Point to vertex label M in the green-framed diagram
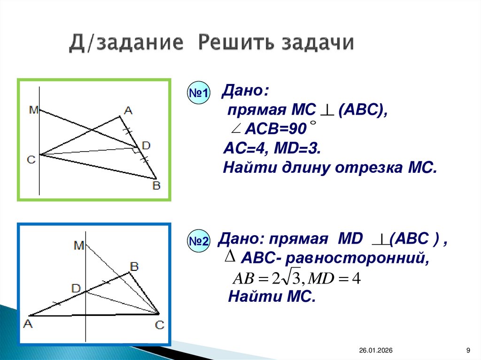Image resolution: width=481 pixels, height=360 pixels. [33, 110]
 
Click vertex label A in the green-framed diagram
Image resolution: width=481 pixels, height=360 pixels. [128, 111]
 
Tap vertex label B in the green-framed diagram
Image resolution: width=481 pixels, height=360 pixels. [156, 186]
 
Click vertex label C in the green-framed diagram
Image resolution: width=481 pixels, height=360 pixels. [31, 160]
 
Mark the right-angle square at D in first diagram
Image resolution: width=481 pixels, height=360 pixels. [135, 150]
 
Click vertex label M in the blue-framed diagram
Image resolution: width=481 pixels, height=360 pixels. [78, 245]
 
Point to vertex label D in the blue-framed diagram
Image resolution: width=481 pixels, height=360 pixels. [76, 288]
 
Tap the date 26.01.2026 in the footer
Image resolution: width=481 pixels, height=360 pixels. [376, 351]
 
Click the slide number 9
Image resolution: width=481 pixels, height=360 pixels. [468, 351]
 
